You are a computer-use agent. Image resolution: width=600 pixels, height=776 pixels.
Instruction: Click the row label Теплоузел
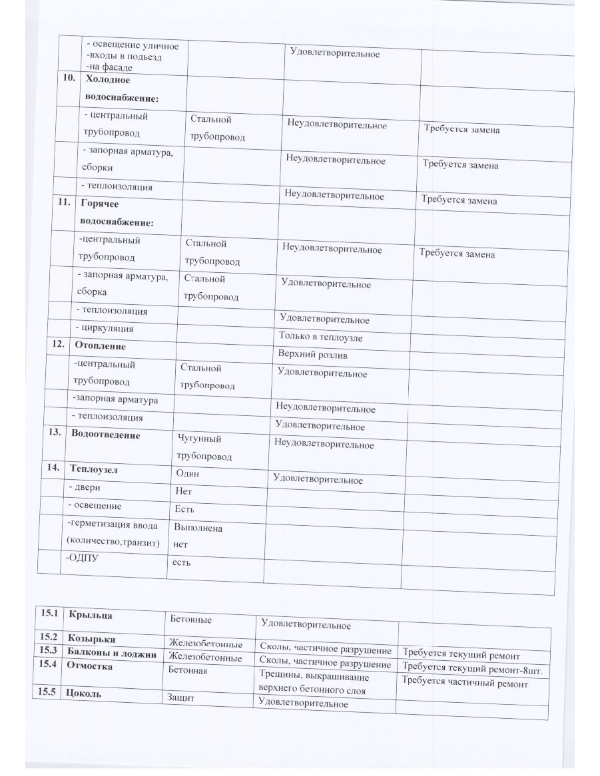click(95, 469)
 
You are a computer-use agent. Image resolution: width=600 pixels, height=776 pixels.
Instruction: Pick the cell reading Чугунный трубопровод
click(204, 448)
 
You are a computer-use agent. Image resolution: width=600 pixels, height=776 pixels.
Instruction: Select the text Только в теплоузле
click(320, 337)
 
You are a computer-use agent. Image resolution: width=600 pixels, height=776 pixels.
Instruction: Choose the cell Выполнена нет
click(198, 536)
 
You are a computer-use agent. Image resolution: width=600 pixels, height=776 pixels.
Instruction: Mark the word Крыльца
click(90, 616)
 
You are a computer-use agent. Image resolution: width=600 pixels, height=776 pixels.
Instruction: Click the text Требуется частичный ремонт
click(465, 683)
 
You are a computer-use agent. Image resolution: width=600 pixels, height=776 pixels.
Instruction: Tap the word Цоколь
click(83, 693)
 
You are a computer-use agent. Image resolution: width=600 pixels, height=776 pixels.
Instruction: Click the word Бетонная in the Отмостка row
click(188, 670)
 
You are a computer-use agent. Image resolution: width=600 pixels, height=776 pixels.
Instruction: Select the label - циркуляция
click(104, 328)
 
